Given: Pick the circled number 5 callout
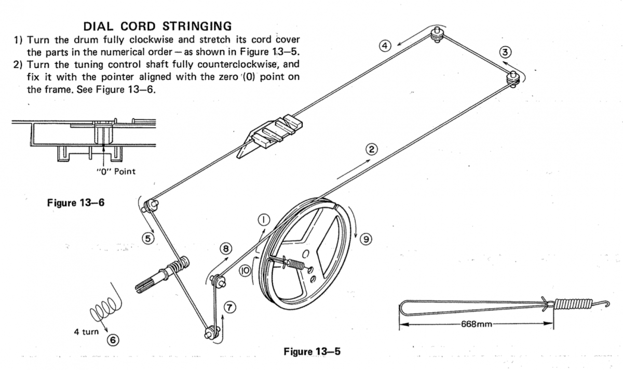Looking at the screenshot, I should click(x=147, y=239).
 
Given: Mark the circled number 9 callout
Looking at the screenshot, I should click(x=366, y=239).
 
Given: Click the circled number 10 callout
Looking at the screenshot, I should click(x=246, y=270).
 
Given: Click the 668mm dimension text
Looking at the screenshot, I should click(x=476, y=324).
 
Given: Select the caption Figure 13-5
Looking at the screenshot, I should click(x=311, y=352).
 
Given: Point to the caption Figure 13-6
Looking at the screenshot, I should click(x=76, y=203).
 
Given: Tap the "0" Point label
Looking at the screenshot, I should click(x=116, y=171).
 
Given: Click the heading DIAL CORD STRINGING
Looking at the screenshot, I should click(x=158, y=25).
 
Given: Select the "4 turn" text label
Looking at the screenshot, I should click(x=86, y=332).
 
